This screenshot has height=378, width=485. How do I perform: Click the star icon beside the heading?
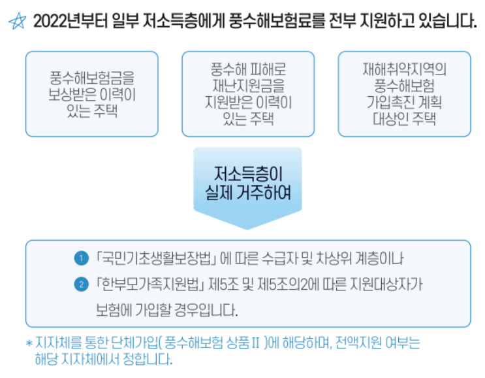17,22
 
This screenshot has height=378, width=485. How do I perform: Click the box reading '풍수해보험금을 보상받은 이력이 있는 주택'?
91,94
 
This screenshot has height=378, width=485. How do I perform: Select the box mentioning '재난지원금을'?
248,94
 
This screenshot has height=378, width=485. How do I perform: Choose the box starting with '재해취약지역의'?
404,94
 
